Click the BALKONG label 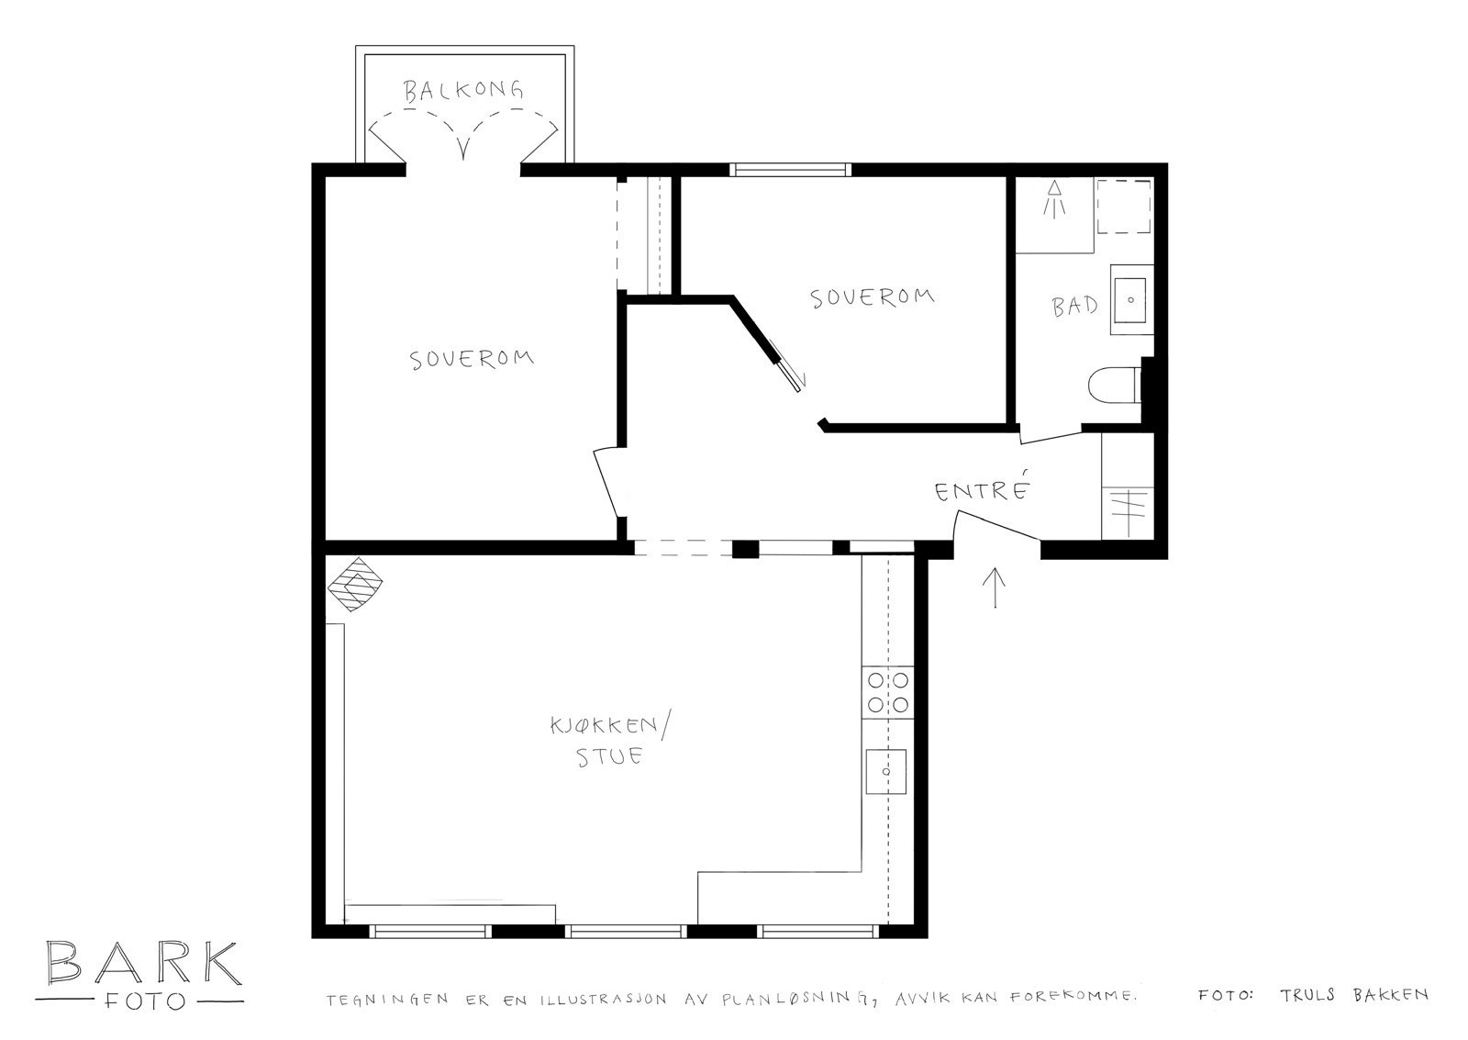463,91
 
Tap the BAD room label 1074,307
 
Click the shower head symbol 1054,198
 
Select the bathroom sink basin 1131,300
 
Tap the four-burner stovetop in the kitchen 887,692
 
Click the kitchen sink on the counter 886,771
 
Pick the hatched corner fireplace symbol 354,584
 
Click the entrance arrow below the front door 995,587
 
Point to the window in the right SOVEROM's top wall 791,170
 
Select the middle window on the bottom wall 626,931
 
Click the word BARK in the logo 143,963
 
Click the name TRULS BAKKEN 1354,995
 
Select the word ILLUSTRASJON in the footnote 603,1000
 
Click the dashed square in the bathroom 1125,207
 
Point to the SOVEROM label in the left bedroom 472,359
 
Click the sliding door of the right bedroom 787,366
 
